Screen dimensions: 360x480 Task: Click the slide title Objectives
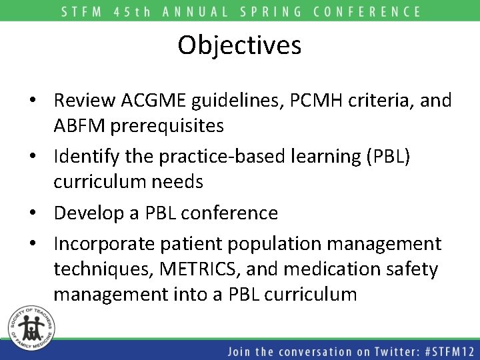pos(239,45)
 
